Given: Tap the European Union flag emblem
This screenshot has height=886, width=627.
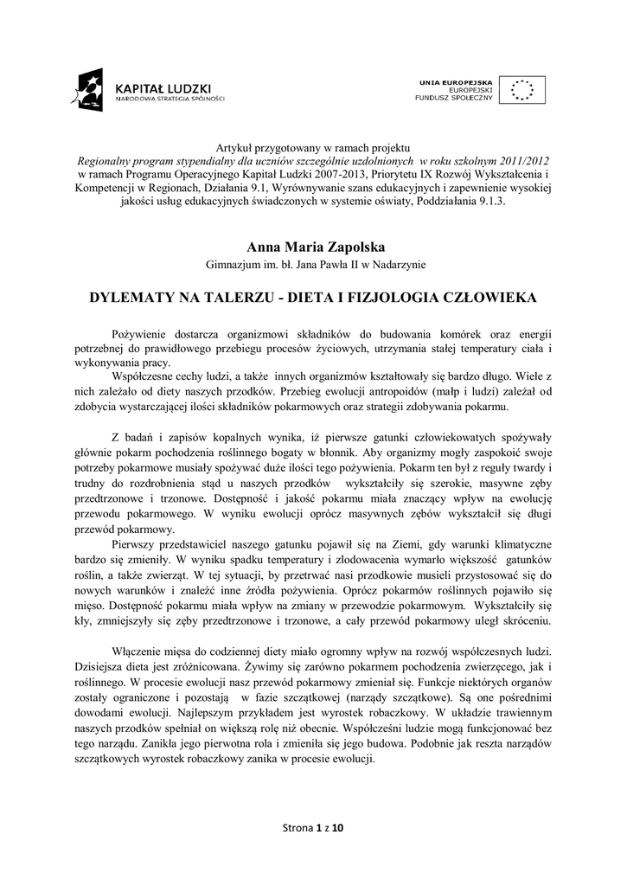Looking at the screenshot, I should [x=521, y=90].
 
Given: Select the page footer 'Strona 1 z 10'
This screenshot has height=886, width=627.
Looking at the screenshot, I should [x=313, y=828].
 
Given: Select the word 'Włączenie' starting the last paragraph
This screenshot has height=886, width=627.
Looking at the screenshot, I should [x=138, y=650].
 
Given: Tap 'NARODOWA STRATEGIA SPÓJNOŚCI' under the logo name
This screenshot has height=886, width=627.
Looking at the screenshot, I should [x=170, y=100].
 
